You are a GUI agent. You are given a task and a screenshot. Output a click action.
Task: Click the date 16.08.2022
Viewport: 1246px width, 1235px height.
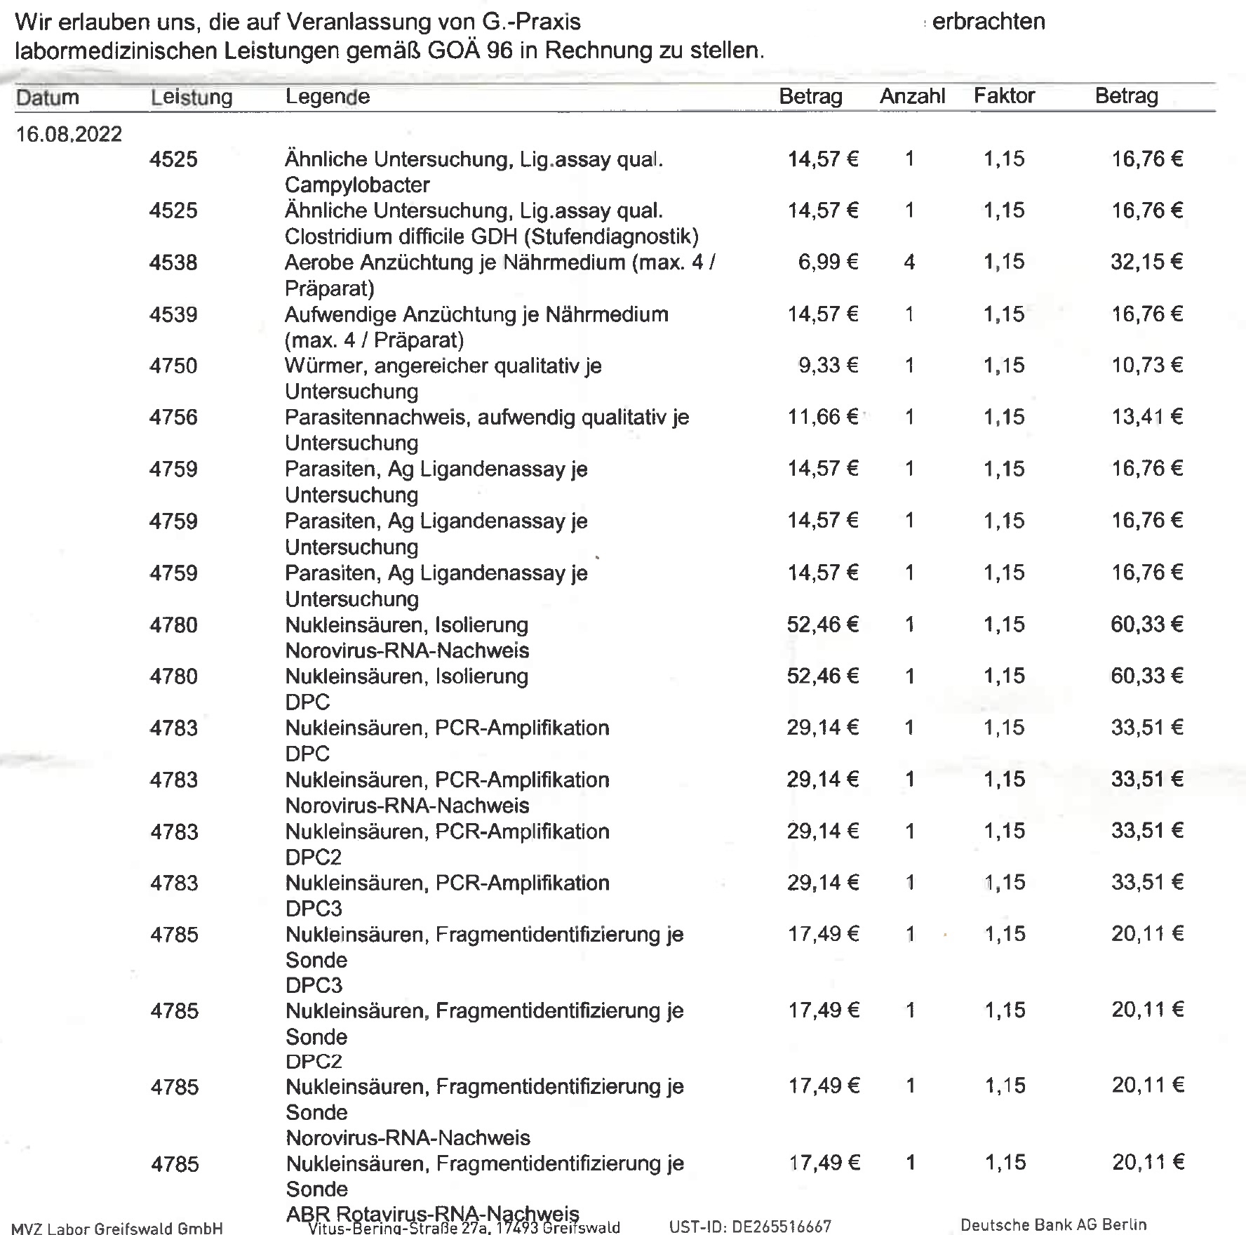point(69,134)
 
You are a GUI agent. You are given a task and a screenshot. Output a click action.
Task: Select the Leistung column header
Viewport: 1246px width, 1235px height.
point(191,97)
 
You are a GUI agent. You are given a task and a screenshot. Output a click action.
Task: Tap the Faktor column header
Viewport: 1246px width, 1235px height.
point(1004,95)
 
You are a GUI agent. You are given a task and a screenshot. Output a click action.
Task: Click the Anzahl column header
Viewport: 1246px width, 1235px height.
point(912,96)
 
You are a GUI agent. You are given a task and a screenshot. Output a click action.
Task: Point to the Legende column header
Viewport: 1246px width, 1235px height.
point(327,96)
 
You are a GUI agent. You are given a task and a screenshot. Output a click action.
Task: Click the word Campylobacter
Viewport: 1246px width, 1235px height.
point(357,185)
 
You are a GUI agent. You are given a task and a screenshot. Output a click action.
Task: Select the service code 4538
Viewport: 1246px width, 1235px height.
point(173,262)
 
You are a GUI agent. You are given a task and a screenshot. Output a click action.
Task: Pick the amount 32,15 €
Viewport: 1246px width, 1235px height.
point(1146,262)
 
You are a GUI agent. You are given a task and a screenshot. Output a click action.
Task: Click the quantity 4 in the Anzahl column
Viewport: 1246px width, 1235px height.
point(909,262)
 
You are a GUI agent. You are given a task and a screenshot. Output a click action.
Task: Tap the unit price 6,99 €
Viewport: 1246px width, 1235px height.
point(828,262)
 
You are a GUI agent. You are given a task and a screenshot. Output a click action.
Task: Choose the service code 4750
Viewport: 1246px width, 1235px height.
point(173,366)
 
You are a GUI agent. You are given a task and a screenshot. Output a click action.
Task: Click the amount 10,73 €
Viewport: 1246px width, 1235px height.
point(1146,365)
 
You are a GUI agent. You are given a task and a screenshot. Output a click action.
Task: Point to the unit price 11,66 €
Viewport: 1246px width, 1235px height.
point(822,417)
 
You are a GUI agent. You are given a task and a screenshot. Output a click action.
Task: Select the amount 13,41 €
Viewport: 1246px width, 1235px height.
point(1146,417)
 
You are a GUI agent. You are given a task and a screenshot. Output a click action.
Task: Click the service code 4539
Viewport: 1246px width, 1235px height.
point(173,314)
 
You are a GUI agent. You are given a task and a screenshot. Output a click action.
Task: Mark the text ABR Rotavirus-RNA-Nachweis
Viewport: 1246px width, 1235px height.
point(432,1213)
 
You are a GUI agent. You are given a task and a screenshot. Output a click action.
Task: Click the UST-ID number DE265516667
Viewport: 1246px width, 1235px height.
point(781,1227)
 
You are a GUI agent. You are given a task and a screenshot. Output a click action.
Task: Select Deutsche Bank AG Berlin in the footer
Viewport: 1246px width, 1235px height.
point(1053,1225)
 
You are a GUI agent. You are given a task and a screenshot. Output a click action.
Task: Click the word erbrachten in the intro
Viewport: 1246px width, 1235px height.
point(989,22)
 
